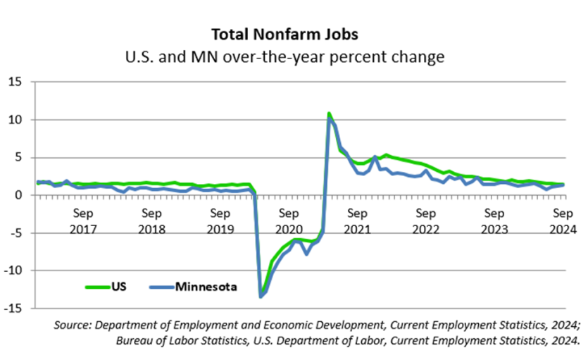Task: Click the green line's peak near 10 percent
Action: click(329, 113)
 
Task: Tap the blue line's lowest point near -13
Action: click(261, 297)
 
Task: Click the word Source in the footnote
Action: click(73, 325)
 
